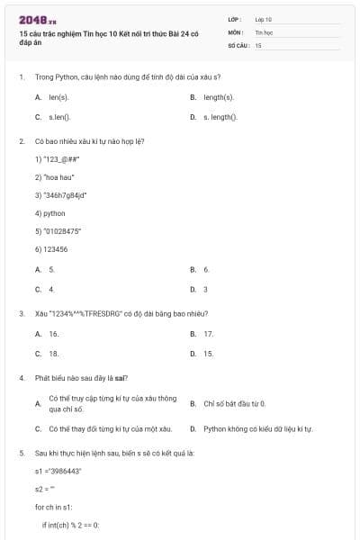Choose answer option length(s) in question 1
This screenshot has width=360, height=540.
pos(218,96)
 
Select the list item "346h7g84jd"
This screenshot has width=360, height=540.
pos(60,194)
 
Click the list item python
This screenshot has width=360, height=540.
pos(50,213)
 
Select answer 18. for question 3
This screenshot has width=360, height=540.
pos(53,354)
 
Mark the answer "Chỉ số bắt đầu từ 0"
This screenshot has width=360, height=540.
pos(234,404)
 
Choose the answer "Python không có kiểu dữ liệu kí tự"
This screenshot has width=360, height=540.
pos(257,429)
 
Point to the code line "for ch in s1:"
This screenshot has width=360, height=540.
pos(54,507)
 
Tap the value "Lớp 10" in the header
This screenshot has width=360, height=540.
pos(263,19)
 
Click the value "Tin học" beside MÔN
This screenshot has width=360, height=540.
pos(263,31)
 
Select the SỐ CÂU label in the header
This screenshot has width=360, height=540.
pos(237,44)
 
